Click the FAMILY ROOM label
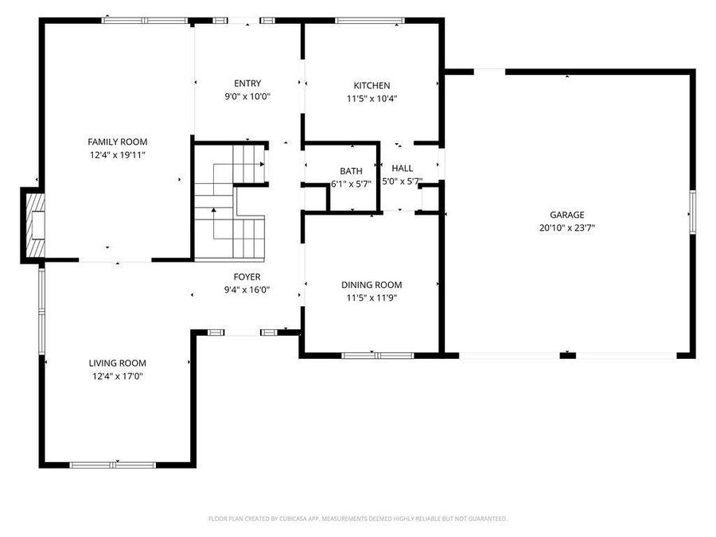pos(118,142)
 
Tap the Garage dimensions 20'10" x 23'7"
pos(566,228)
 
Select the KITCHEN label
pos(372,86)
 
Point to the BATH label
pos(351,171)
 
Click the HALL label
pos(402,169)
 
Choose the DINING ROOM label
pos(372,285)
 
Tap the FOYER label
pos(247,277)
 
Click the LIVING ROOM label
pos(118,363)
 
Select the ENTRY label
pos(247,84)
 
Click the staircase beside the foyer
pos(229,203)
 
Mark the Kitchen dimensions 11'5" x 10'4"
pos(372,99)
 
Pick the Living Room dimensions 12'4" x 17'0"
pos(118,376)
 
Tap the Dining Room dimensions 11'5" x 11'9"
pos(372,298)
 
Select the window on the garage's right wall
pos(692,212)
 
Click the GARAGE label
pos(566,215)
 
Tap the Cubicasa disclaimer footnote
pos(358,519)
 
